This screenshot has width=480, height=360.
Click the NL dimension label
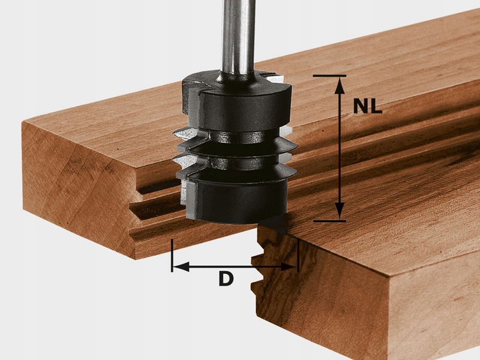[368, 106]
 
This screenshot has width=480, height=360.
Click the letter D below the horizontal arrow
[226, 279]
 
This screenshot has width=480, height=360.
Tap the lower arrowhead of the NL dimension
[339, 211]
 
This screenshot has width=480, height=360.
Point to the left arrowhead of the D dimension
[181, 266]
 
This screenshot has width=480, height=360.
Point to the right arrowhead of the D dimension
[289, 266]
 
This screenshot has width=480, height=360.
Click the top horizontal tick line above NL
[329, 76]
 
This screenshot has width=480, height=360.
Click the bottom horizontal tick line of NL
[329, 221]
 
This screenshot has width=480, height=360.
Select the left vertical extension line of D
[172, 256]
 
